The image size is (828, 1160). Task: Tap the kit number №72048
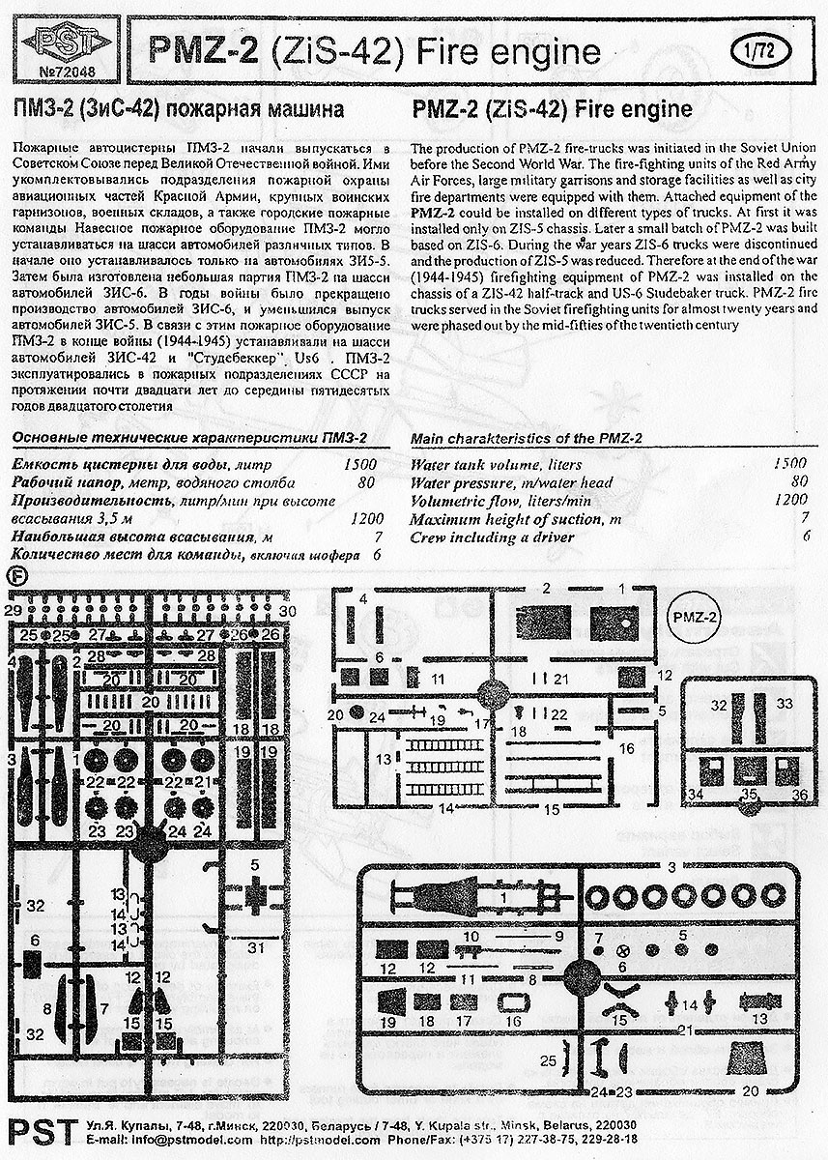click(60, 72)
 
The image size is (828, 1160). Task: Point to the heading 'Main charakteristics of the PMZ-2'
click(527, 438)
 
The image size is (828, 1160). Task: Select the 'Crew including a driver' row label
click(480, 536)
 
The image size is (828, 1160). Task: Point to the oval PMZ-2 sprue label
click(697, 617)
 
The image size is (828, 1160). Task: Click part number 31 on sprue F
click(255, 948)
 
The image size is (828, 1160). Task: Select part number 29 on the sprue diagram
click(11, 611)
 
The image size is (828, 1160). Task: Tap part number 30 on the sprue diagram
click(288, 611)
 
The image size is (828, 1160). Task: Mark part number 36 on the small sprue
click(798, 794)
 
